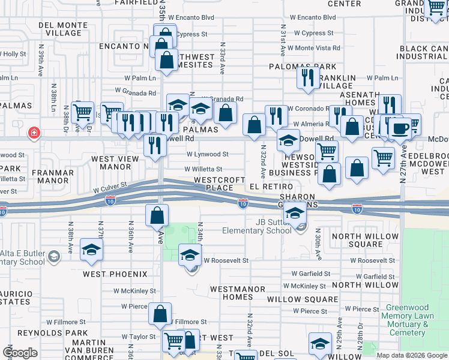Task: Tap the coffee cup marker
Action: click(400, 127)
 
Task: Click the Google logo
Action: click(19, 353)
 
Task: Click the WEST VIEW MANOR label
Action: click(115, 163)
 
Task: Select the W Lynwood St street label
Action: click(207, 154)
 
